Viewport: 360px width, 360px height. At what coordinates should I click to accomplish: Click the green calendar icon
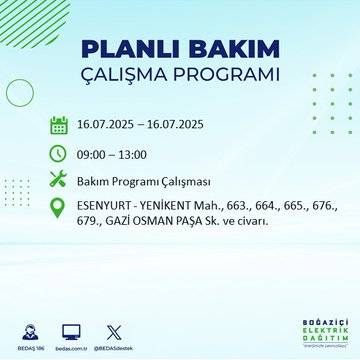click(x=58, y=126)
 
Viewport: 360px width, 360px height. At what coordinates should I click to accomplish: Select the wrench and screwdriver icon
click(x=58, y=181)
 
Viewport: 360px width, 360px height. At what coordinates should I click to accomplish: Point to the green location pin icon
click(x=58, y=209)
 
